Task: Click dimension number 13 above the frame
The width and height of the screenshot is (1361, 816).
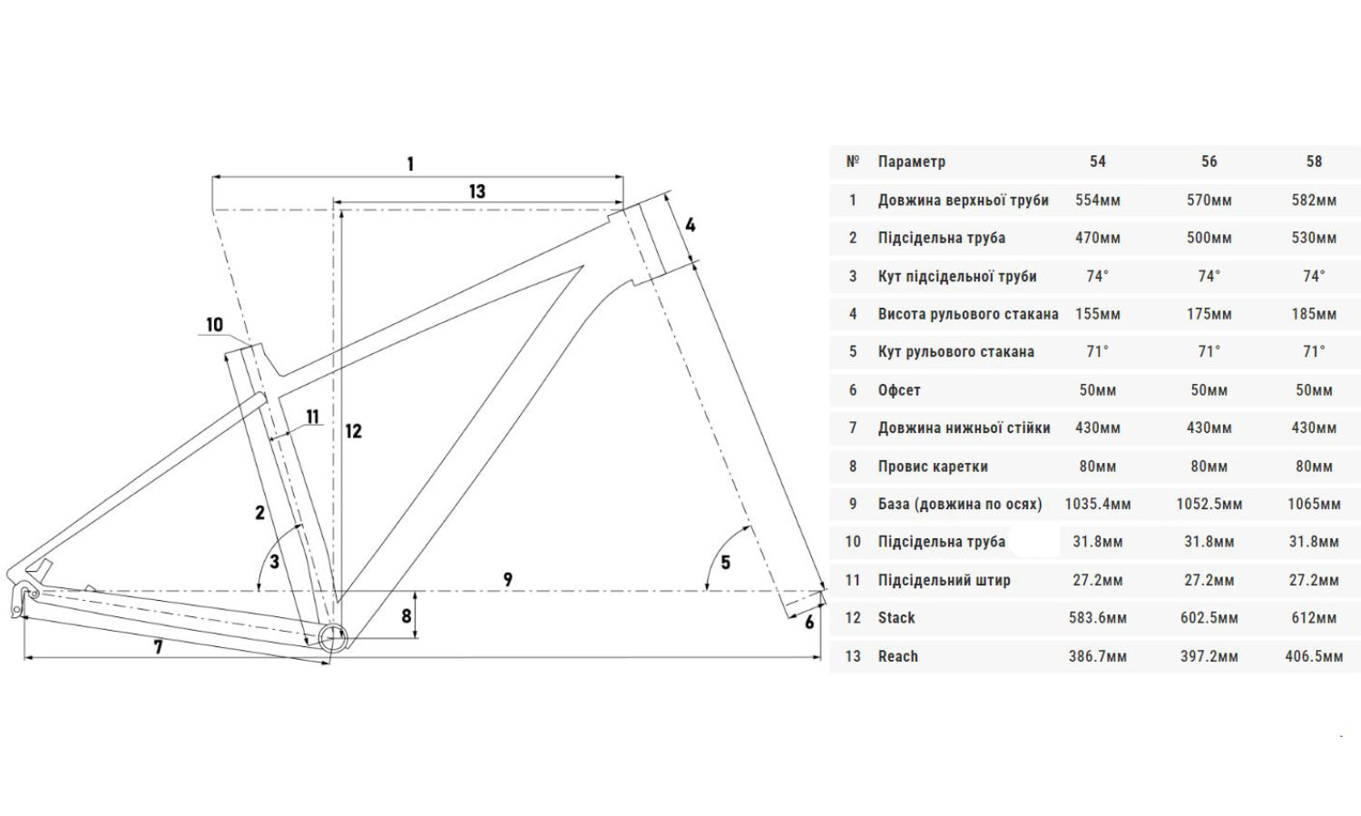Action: tap(477, 192)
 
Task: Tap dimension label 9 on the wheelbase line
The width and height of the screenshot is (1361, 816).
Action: tap(508, 579)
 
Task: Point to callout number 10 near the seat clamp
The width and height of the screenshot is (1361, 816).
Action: tap(214, 325)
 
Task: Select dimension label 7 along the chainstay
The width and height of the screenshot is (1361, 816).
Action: tap(158, 647)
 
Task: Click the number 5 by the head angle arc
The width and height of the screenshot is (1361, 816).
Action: tap(725, 563)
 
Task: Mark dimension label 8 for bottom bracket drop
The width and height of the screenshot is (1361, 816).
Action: tap(406, 616)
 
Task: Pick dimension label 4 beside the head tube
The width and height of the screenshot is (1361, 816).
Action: tap(690, 224)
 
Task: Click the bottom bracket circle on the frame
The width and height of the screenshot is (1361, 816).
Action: tap(332, 638)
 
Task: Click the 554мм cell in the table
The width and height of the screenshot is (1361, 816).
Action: tap(1098, 200)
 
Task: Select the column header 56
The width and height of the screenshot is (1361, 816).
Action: tap(1209, 162)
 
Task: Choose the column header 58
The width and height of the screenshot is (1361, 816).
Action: tap(1314, 162)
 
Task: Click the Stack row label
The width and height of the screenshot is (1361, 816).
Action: tap(896, 618)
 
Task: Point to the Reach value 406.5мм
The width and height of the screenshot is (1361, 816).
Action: tap(1314, 656)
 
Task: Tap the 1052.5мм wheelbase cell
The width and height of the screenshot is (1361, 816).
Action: tap(1209, 504)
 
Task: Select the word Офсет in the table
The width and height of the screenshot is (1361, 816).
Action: tap(899, 390)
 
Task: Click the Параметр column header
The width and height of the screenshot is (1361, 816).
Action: tap(912, 162)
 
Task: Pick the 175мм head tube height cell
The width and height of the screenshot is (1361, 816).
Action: tap(1209, 314)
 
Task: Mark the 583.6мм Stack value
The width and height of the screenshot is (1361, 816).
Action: tap(1098, 618)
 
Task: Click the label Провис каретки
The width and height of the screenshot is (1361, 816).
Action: tap(933, 467)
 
